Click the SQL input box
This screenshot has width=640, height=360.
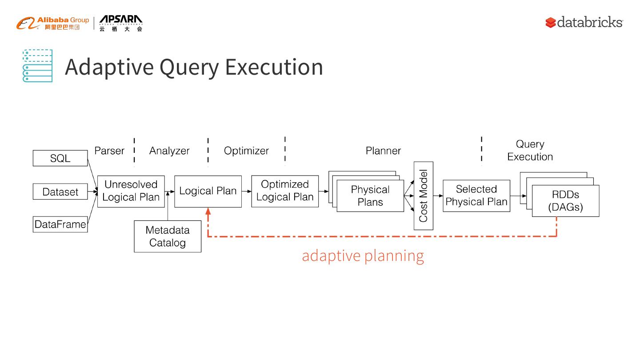pos(60,158)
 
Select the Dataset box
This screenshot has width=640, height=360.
pos(60,192)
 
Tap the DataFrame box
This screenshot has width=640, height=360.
pos(60,224)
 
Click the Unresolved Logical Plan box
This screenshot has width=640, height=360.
pos(131,191)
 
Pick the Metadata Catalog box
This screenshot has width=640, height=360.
pos(168,236)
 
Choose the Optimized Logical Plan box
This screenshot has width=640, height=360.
pos(285,191)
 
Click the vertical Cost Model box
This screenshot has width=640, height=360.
pos(423,196)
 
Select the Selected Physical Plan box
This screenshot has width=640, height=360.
pos(476,196)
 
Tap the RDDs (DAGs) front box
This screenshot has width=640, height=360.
pos(565,201)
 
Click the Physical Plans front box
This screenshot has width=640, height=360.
pos(370,196)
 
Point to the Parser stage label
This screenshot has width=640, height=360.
pos(109,151)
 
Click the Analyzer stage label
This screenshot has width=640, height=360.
pos(169,151)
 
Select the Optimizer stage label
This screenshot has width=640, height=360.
pos(246,151)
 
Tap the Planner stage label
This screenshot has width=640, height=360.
pos(383,151)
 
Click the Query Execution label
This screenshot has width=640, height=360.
pos(530,150)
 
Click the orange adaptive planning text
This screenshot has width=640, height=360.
pos(363,256)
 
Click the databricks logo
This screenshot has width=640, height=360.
pos(584,22)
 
